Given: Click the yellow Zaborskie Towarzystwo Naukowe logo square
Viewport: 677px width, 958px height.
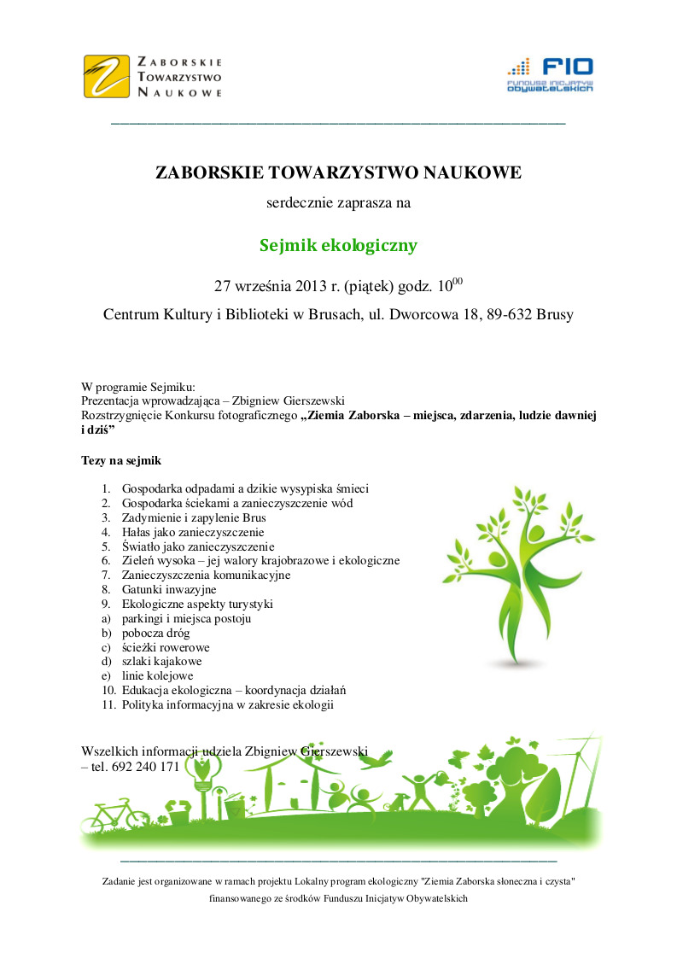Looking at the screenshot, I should [x=108, y=76].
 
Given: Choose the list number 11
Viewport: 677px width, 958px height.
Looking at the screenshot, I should [x=108, y=705].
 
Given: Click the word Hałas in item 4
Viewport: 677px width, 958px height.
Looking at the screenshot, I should [x=137, y=532].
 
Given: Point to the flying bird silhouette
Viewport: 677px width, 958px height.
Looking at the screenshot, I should [x=385, y=756].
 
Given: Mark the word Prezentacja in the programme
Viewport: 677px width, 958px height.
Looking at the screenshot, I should [x=113, y=400].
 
